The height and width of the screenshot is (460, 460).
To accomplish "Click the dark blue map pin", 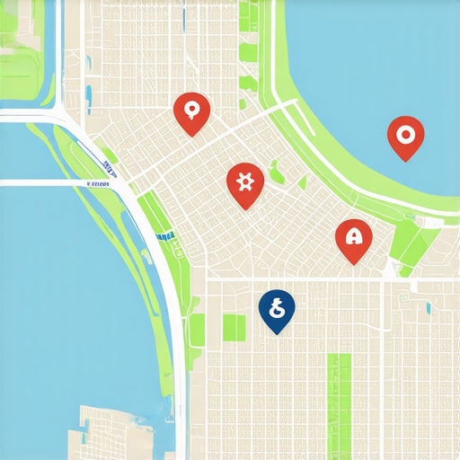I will [x=277, y=309].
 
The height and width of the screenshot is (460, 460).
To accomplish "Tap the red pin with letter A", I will [x=353, y=238].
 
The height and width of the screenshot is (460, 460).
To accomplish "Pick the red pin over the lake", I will [x=405, y=136].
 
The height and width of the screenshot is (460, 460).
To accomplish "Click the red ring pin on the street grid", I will [x=191, y=112].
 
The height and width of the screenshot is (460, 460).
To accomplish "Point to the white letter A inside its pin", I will [x=354, y=236].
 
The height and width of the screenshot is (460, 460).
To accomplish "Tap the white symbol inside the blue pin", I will [x=278, y=307].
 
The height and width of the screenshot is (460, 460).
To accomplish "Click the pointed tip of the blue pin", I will [x=277, y=334].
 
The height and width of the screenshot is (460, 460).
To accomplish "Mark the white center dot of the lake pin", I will [x=405, y=134].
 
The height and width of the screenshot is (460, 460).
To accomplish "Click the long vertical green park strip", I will [x=339, y=395].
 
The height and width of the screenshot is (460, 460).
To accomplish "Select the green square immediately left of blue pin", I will [x=234, y=328].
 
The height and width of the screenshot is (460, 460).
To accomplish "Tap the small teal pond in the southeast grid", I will [x=428, y=308].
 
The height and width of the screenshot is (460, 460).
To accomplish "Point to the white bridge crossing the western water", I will [x=54, y=182].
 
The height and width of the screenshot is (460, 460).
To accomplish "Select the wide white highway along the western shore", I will [x=171, y=296].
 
